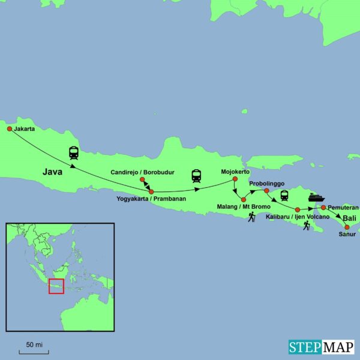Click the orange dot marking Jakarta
(10, 128)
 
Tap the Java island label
(53, 172)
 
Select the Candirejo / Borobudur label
(142, 172)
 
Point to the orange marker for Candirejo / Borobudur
(142, 179)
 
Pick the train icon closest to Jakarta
(74, 153)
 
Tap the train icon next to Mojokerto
(196, 176)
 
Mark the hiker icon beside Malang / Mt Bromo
(252, 217)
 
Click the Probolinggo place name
(266, 184)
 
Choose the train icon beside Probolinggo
(284, 196)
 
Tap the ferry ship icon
(316, 197)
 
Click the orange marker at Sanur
(347, 227)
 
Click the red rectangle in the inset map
(56, 286)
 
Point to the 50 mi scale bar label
(34, 344)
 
